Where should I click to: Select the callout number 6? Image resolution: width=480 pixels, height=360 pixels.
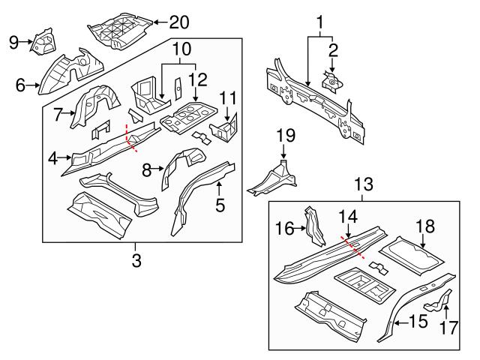pyautogui.click(x=19, y=85)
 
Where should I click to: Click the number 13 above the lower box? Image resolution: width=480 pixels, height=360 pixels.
pyautogui.click(x=363, y=184)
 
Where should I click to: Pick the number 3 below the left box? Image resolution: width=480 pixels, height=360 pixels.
pyautogui.click(x=136, y=260)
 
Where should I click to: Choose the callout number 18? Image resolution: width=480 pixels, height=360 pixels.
pyautogui.click(x=424, y=226)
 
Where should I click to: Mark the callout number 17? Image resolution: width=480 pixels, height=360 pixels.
pyautogui.click(x=448, y=328)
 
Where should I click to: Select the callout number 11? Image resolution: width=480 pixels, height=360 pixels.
pyautogui.click(x=229, y=98)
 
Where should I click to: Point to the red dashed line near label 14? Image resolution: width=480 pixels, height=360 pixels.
pyautogui.click(x=353, y=247)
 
